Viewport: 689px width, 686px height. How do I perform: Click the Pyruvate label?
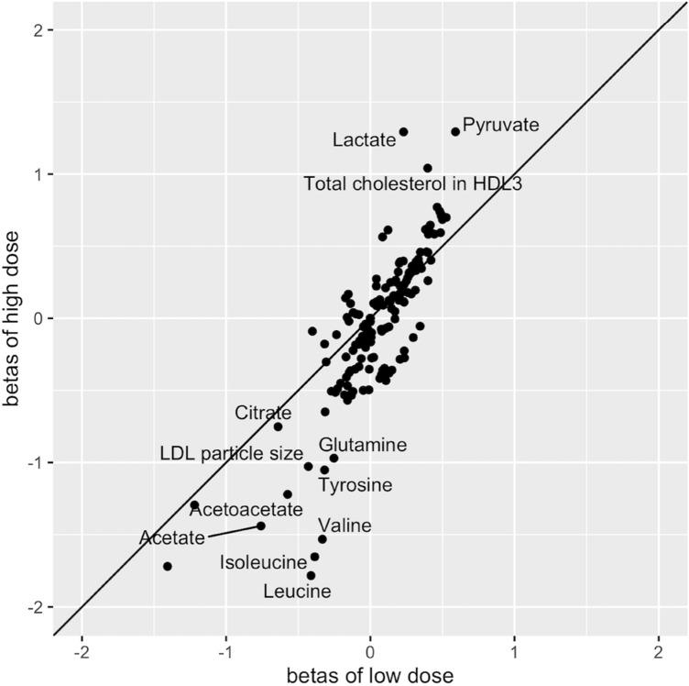[x=500, y=124]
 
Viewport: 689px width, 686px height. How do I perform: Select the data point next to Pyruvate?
[x=455, y=132]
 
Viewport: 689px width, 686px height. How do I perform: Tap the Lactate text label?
[x=363, y=140]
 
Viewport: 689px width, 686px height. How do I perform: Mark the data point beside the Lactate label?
[x=403, y=132]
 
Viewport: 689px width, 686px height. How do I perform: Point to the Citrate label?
[x=263, y=414]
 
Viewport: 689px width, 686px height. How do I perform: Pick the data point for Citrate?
[x=278, y=426]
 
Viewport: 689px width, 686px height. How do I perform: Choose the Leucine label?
[x=297, y=592]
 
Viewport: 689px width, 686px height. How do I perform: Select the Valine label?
[x=344, y=526]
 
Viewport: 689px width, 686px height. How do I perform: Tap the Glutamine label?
[x=363, y=446]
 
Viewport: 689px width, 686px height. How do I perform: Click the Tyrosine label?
[x=355, y=484]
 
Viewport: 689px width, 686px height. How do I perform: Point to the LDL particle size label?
[x=231, y=454]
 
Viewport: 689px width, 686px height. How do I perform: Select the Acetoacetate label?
[x=246, y=509]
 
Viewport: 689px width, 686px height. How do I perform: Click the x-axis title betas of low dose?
[x=369, y=675]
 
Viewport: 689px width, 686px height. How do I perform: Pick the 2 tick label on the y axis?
[x=47, y=30]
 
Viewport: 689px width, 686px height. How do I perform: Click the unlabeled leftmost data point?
[x=167, y=566]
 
